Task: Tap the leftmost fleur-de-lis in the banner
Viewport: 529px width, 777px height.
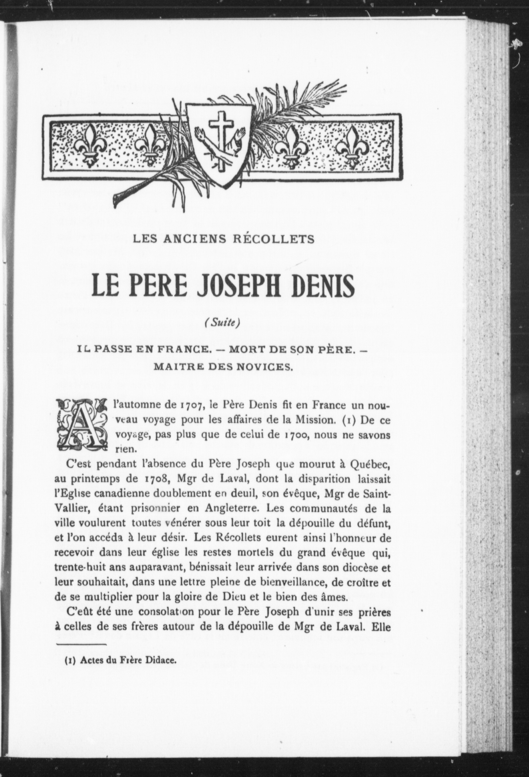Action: pyautogui.click(x=89, y=146)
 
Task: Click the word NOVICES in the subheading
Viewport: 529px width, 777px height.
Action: pyautogui.click(x=266, y=367)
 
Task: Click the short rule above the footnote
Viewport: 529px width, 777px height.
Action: pyautogui.click(x=81, y=635)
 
